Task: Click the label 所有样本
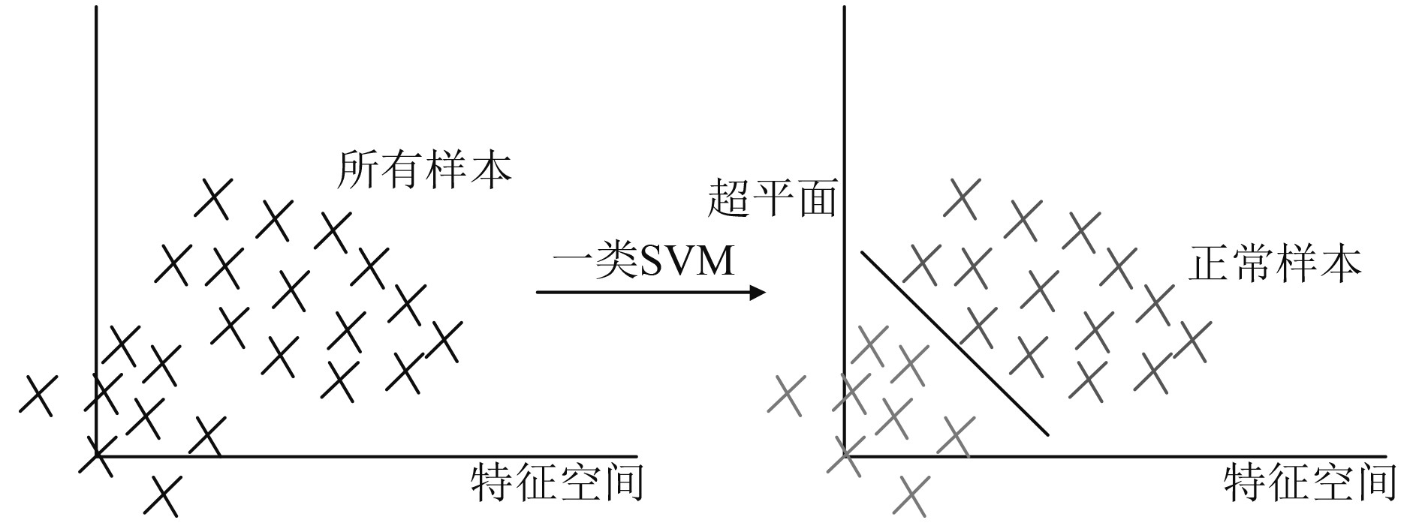click(x=425, y=170)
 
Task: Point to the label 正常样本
click(x=1275, y=264)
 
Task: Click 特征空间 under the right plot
click(x=1310, y=482)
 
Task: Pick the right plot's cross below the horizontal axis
click(x=913, y=495)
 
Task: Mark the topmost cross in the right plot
click(x=962, y=197)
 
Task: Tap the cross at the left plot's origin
click(x=97, y=455)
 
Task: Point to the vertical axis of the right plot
click(x=845, y=113)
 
